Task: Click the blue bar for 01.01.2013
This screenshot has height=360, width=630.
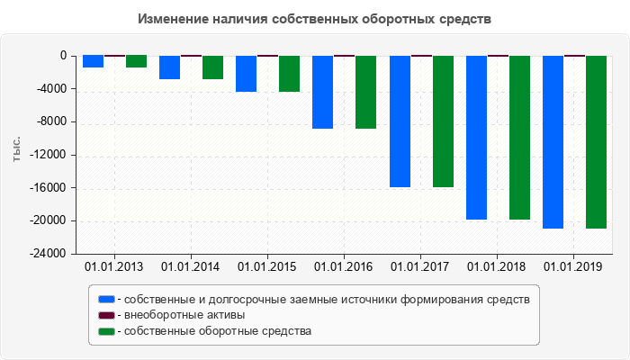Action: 93,62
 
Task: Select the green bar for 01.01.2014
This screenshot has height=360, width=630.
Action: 212,67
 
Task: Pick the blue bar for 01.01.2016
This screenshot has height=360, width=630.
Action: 323,92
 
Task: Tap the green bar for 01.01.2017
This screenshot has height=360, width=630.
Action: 443,121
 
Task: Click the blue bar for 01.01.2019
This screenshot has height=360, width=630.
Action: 553,142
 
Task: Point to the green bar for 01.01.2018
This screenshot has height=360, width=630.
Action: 519,138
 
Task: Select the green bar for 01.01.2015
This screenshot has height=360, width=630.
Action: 289,74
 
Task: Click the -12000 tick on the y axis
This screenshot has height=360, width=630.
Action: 47,155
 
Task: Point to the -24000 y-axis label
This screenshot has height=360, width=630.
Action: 47,254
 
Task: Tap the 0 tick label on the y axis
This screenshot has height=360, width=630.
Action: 62,56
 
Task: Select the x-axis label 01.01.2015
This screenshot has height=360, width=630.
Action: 266,267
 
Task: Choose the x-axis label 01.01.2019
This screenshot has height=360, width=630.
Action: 573,267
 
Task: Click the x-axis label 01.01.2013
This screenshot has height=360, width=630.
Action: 113,267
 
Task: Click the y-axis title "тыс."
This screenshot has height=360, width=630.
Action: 16,150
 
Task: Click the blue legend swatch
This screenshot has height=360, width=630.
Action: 107,299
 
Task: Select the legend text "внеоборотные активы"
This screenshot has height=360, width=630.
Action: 185,315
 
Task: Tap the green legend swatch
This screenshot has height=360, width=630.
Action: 107,331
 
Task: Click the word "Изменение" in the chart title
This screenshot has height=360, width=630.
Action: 175,19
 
